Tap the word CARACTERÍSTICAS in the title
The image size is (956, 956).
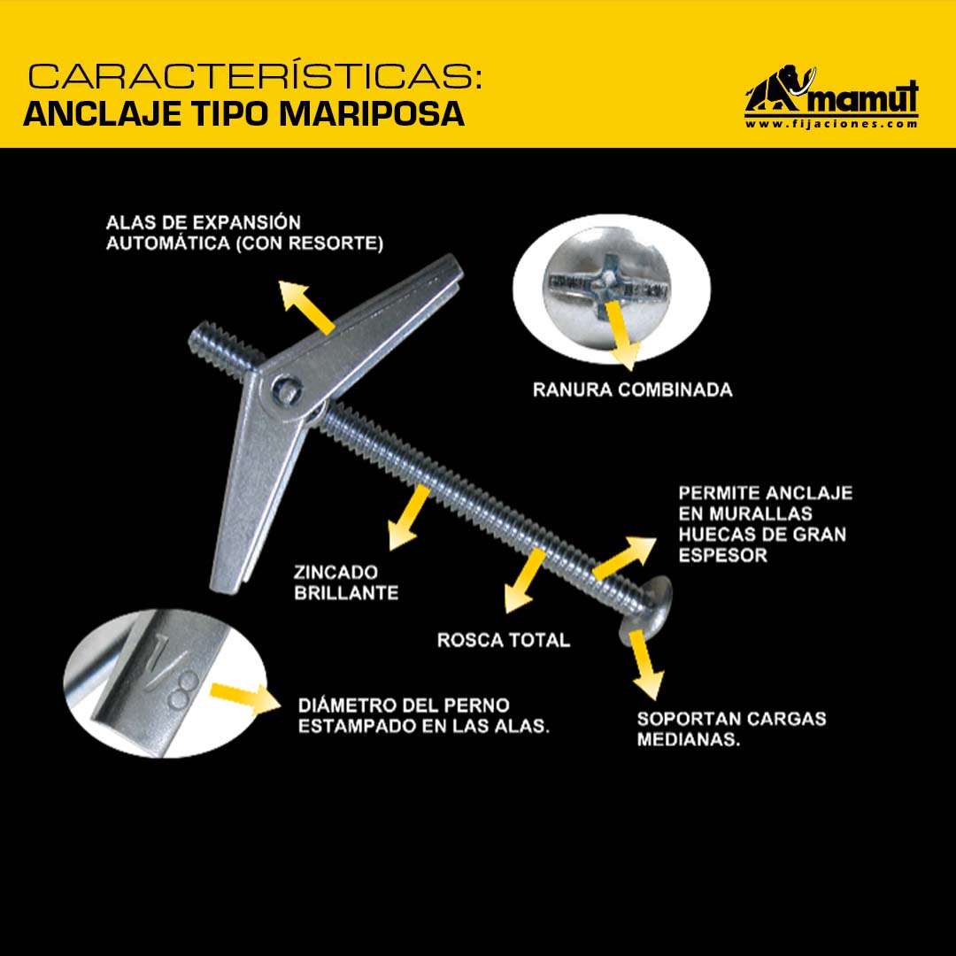click(255, 77)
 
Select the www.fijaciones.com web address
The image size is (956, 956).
click(831, 124)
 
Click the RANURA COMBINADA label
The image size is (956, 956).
click(632, 390)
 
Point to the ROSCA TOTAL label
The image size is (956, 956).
click(504, 640)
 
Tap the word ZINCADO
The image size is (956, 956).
click(336, 573)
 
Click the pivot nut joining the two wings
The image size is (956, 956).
click(286, 389)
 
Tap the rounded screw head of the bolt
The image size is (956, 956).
click(645, 610)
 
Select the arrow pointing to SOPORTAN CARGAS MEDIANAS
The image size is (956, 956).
click(645, 665)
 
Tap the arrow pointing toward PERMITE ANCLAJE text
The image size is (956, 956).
click(624, 558)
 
